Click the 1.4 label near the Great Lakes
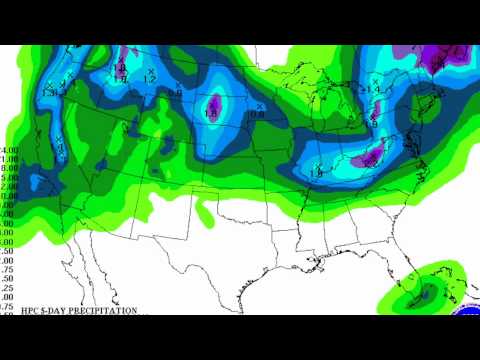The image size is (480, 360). [x=376, y=90]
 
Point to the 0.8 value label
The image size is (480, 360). [x=256, y=114]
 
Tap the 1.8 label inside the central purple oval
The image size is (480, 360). [x=211, y=113]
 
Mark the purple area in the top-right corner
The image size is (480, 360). [x=437, y=58]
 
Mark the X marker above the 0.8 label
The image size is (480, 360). [x=259, y=104]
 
